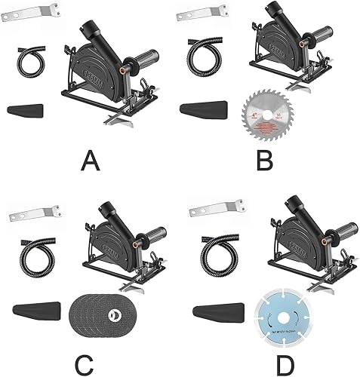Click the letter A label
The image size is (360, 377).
[x=90, y=160]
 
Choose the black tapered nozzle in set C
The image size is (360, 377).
[x=35, y=310]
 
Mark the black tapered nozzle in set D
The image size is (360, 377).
[x=218, y=310]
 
